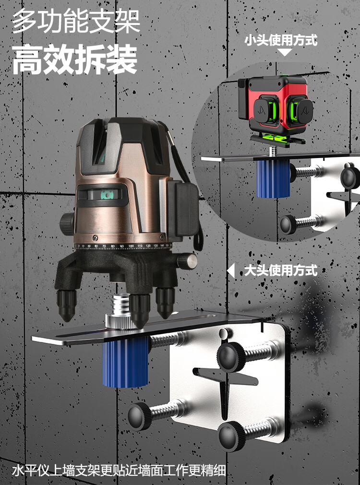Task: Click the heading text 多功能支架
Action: point(76,21)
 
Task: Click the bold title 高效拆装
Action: point(74,59)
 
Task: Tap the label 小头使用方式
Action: point(281,40)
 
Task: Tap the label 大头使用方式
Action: point(281,270)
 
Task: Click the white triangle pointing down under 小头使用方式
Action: point(285,52)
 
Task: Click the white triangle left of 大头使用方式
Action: point(231,271)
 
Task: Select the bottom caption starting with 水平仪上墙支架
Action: point(119,471)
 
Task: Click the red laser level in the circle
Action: point(274,110)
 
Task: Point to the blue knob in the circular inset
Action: point(273,179)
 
